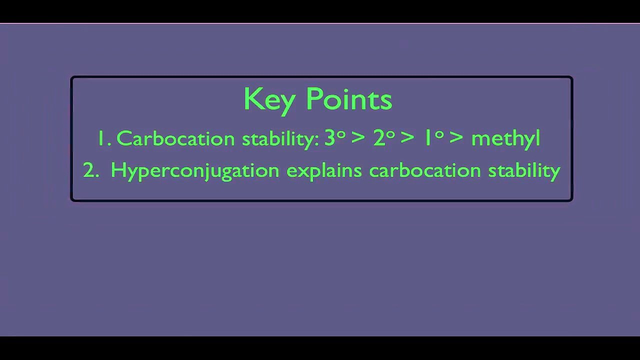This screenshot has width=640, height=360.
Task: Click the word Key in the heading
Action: pos(269,99)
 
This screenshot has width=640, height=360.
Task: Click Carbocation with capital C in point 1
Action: pos(175,138)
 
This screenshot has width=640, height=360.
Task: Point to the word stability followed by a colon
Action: pos(280,138)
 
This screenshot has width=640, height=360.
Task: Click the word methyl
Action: pos(505,138)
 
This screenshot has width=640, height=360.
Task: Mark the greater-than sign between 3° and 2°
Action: pos(358,138)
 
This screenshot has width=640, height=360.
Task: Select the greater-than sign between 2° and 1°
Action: pos(407,138)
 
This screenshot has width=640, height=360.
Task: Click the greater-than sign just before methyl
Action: pos(456,138)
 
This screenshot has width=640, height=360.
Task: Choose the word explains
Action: pos(324,171)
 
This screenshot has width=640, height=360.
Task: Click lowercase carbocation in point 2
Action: pos(425,170)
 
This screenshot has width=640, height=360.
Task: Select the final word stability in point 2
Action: pos(524,171)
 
